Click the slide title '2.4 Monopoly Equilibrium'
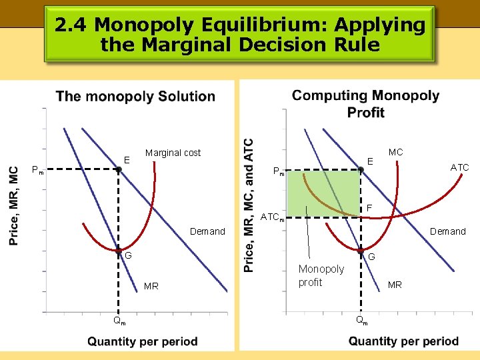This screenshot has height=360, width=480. point(239,35)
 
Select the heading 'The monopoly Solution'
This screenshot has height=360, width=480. point(135,97)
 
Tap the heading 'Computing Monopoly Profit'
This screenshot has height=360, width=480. point(365,103)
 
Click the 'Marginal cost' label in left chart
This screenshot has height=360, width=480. point(173,153)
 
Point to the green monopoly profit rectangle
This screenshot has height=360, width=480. point(323,193)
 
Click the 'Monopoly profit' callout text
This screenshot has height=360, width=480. point(321,275)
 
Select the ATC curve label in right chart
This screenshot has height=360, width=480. point(459,167)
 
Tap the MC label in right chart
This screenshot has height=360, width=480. point(395,152)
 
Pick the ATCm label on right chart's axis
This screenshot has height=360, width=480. point(273,217)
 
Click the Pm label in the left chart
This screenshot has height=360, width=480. point(37,170)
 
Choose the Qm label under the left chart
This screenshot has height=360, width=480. point(119,321)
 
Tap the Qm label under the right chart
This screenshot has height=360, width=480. point(361,321)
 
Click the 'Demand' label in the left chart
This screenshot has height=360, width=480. point(207,231)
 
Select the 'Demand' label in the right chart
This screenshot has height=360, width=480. point(447,231)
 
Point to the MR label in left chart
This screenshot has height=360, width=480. point(151,286)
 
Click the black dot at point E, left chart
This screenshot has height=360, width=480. point(118,170)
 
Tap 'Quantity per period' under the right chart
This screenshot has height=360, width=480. point(403,341)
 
